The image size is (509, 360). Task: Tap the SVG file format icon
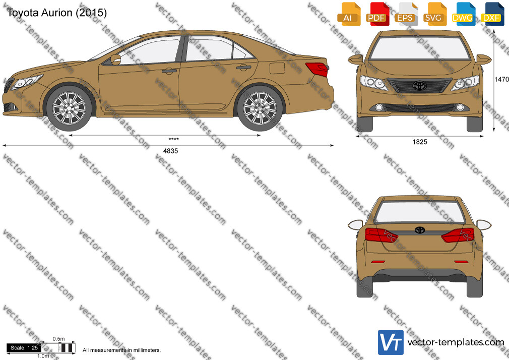(x=434, y=14)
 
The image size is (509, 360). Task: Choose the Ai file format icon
(x=349, y=14)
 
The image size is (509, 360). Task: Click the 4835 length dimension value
(x=170, y=151)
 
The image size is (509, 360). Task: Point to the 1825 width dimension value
(x=420, y=142)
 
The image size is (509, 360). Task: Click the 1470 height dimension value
(x=501, y=79)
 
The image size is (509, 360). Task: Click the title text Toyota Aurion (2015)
(x=57, y=13)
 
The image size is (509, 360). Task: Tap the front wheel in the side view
(x=69, y=108)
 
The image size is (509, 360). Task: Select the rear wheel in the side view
(x=260, y=108)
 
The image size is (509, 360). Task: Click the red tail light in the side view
(x=317, y=69)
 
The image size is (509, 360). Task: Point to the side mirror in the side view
(x=115, y=59)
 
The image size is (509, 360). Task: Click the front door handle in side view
(x=169, y=71)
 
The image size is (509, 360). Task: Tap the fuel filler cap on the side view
(x=277, y=68)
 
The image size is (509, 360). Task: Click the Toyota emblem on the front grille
(x=419, y=85)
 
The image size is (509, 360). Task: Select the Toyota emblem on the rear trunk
(x=420, y=230)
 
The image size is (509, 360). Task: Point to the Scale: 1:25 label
(x=24, y=348)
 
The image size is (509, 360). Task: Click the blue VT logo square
(x=391, y=342)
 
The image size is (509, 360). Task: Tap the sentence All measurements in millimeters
(x=122, y=350)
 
